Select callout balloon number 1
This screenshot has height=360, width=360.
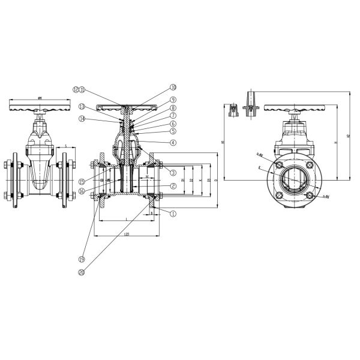(x=173, y=212)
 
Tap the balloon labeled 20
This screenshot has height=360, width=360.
(x=82, y=272)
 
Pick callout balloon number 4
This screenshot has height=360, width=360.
(x=173, y=142)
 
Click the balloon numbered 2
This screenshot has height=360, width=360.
(x=173, y=186)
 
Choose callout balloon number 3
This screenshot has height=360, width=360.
(x=173, y=172)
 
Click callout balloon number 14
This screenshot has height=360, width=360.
(x=82, y=119)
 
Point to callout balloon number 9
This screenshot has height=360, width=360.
(x=173, y=100)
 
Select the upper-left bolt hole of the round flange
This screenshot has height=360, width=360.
(x=279, y=165)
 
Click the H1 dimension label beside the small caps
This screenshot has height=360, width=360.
(x=222, y=143)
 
